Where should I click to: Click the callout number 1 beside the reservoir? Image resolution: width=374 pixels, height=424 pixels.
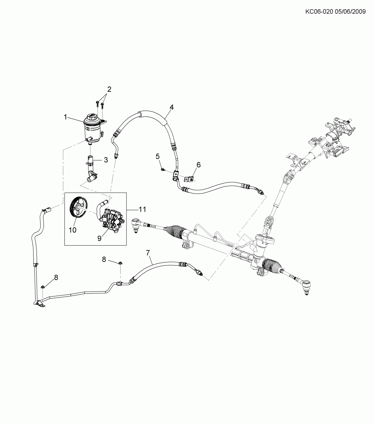pos(65,117)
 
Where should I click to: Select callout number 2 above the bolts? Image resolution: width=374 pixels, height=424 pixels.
pos(109,89)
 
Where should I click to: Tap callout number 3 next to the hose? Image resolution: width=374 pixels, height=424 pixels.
pos(106,160)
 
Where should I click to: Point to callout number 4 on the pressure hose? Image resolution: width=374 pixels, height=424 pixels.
pos(171,107)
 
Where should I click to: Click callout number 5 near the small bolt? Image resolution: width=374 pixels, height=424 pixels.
pos(158,156)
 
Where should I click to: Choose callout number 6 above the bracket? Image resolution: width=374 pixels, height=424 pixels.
pos(199,164)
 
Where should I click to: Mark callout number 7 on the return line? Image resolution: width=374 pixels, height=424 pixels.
pos(148,252)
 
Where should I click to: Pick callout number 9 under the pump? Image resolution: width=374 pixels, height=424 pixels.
pos(99,238)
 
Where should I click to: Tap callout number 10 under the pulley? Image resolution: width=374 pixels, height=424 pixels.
pos(72,230)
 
